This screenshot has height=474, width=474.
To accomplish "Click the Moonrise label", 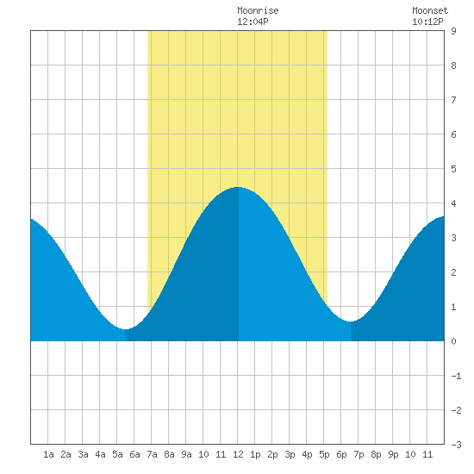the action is [x=258, y=10].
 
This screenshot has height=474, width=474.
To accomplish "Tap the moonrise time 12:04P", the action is [x=253, y=22].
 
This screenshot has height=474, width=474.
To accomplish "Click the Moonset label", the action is [x=430, y=10].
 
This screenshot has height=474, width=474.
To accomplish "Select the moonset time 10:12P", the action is [x=427, y=22].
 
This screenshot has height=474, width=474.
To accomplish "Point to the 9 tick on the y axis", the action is [x=453, y=31].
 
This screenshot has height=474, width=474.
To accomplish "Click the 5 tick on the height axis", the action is [x=453, y=169].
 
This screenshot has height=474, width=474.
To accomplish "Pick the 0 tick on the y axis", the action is [x=453, y=341].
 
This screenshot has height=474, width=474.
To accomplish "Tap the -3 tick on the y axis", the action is [x=456, y=445].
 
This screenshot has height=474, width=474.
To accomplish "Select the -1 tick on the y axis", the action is [x=456, y=376].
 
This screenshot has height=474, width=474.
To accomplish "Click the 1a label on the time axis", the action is [x=48, y=454].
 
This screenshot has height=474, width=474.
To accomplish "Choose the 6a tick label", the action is [x=134, y=454].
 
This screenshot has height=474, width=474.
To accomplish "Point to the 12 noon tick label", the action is [x=238, y=454].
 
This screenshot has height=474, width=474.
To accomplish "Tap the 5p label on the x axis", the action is [x=324, y=454].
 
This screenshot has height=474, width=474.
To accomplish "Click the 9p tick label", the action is [x=393, y=454].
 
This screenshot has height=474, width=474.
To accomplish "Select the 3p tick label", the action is [x=290, y=454].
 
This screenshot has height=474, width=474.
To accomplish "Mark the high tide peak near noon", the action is [x=238, y=187].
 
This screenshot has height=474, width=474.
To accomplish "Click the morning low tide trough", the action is [x=126, y=329].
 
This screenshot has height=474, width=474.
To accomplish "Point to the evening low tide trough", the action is [x=351, y=321].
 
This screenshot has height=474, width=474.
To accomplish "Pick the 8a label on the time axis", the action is [x=169, y=454].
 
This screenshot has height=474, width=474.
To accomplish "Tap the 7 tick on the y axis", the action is [x=453, y=100].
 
